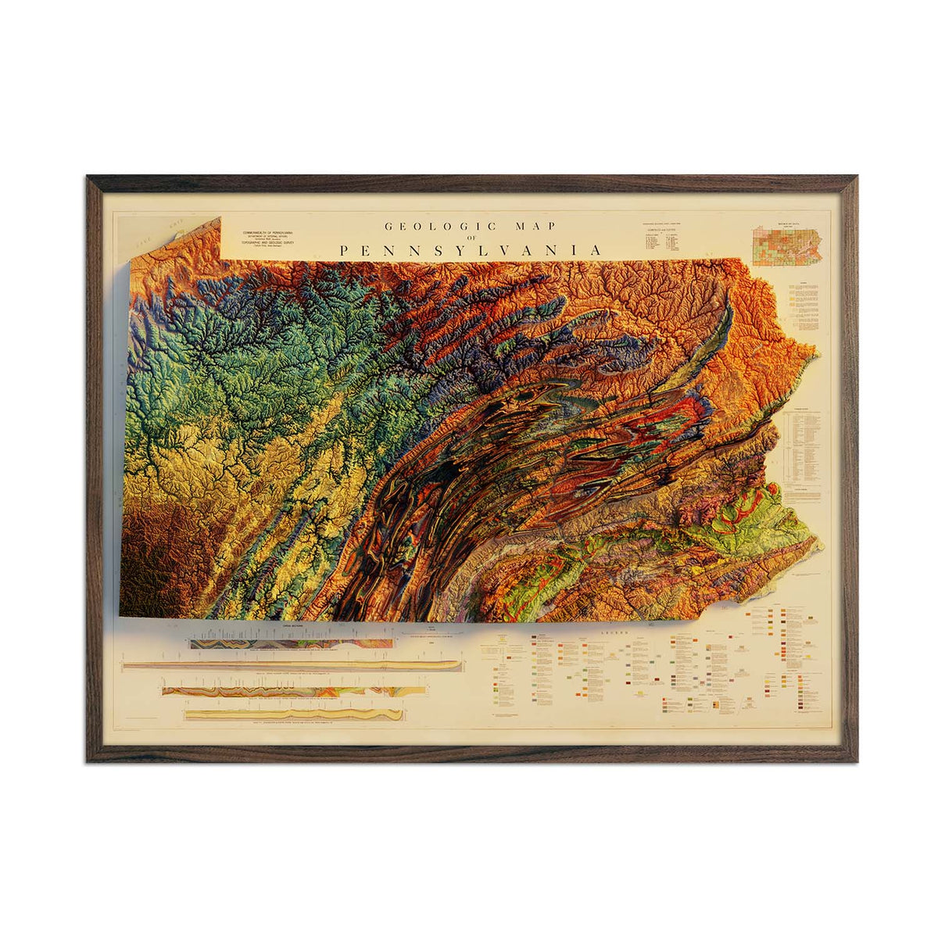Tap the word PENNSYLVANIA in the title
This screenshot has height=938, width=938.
(471, 250)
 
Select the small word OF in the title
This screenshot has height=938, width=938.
(471, 238)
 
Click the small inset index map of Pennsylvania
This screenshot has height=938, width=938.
(787, 245)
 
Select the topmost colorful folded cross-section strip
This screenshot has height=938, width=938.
(292, 643)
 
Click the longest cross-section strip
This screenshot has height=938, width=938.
(292, 665)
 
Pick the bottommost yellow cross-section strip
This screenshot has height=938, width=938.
(294, 714)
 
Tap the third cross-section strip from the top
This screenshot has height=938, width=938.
(294, 691)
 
